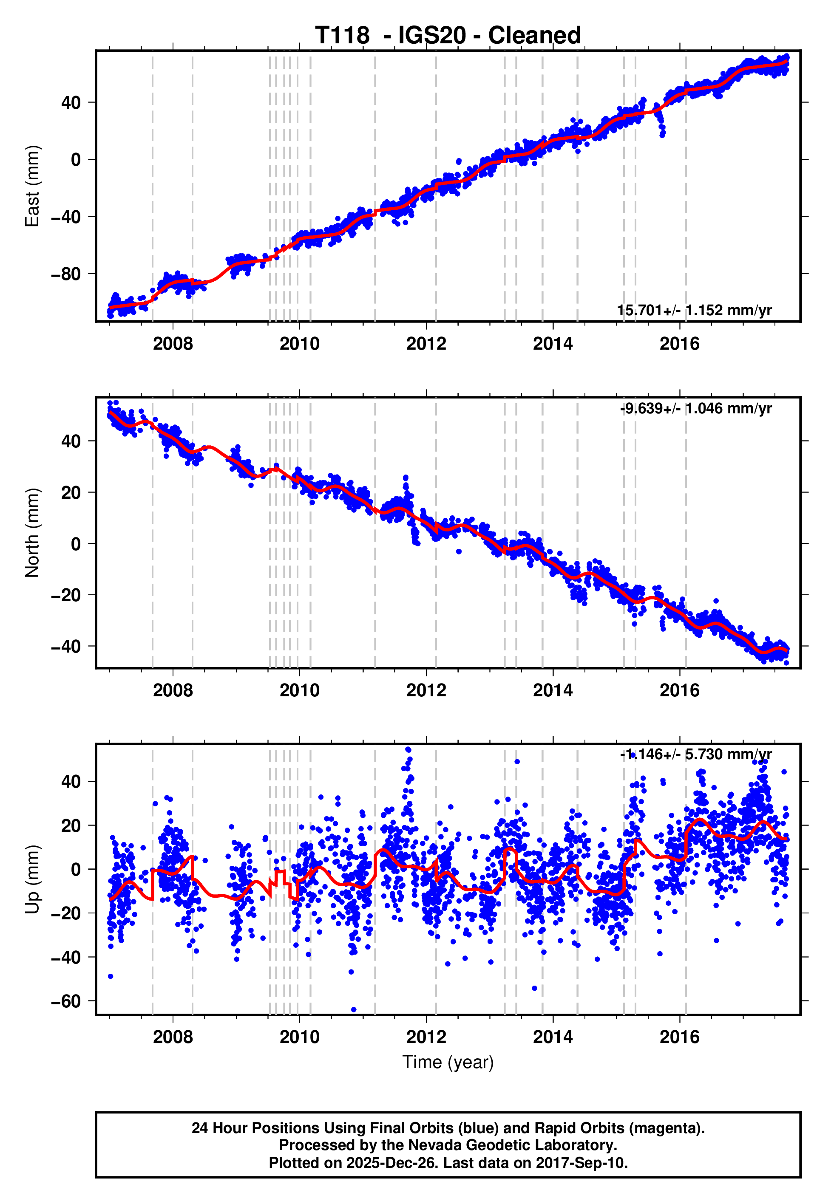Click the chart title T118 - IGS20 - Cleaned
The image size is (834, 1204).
pos(448,36)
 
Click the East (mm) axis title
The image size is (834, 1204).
pos(32,186)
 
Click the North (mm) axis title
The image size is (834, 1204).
pos(32,533)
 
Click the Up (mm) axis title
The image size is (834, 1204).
pos(32,879)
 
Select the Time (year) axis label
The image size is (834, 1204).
pos(448,1062)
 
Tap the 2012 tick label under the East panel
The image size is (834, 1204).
pos(426,344)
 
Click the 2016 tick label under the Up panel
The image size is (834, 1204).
pos(679,1037)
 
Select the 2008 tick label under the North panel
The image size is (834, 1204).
pos(173,690)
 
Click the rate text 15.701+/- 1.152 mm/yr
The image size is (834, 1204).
pos(694,310)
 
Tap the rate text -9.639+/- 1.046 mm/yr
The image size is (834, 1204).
pos(695,408)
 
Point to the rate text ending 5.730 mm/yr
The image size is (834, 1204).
pos(695,755)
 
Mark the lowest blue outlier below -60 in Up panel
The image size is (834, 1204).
pos(354,1009)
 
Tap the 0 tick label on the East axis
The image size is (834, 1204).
pos(76,159)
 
